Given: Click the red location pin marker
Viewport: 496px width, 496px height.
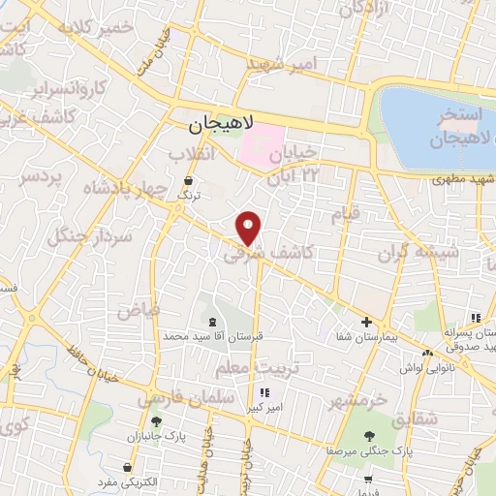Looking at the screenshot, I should (250, 228).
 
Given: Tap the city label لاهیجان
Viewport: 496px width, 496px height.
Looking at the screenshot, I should (221, 123).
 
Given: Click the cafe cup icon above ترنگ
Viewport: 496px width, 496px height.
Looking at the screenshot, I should (188, 180).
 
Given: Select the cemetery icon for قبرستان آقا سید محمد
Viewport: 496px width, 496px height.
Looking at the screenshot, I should (212, 321).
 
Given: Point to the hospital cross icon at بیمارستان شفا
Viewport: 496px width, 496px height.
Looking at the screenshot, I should (366, 322).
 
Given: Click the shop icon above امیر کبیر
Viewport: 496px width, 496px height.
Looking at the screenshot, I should (263, 392).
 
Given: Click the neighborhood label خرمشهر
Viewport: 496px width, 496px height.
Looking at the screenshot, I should (356, 400).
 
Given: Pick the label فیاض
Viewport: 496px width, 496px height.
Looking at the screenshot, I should (137, 312).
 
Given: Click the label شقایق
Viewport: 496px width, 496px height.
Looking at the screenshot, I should (418, 418).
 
